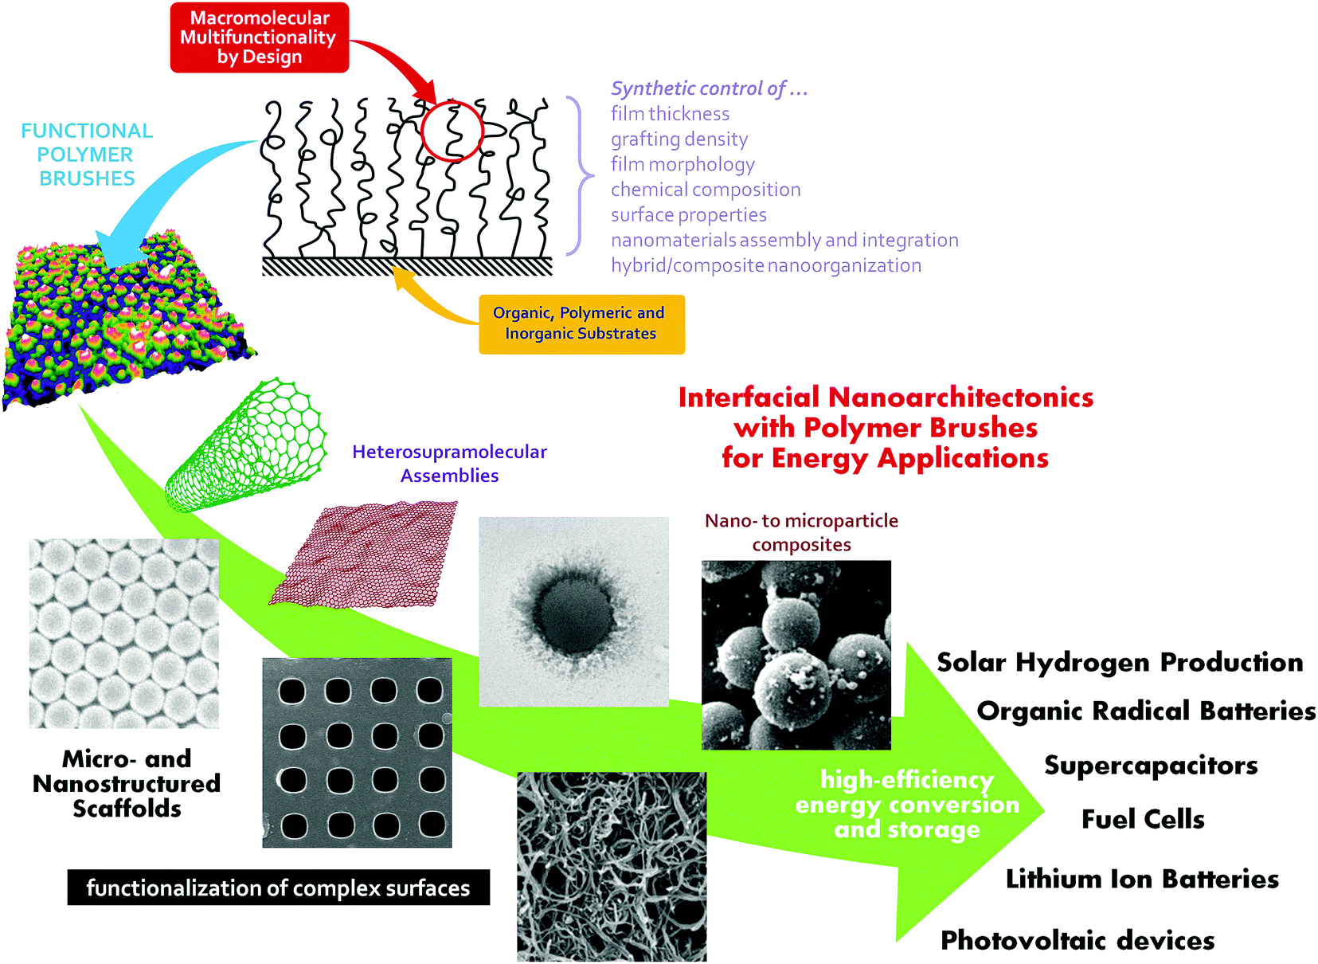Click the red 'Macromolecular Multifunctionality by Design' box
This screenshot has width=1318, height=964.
260,37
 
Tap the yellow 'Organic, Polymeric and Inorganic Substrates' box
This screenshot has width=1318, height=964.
581,323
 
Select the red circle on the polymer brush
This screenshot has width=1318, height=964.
452,131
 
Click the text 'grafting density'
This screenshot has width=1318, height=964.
679,139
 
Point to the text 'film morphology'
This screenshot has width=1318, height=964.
682,165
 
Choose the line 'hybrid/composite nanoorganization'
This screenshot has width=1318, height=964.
765,265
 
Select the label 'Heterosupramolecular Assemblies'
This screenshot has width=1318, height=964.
449,464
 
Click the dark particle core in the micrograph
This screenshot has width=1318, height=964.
573,612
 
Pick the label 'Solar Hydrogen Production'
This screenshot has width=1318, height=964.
1119,662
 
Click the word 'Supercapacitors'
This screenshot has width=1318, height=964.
1151,766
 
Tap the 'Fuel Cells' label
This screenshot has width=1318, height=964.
1142,819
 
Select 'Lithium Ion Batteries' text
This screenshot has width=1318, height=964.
1141,879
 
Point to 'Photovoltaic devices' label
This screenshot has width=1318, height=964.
1077,940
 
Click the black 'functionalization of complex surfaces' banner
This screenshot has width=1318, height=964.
278,888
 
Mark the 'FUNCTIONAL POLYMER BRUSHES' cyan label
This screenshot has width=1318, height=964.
87,155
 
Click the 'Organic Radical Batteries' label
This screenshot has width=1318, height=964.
1145,711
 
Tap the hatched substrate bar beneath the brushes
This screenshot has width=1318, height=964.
407,266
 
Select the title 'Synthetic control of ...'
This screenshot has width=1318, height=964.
709,88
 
